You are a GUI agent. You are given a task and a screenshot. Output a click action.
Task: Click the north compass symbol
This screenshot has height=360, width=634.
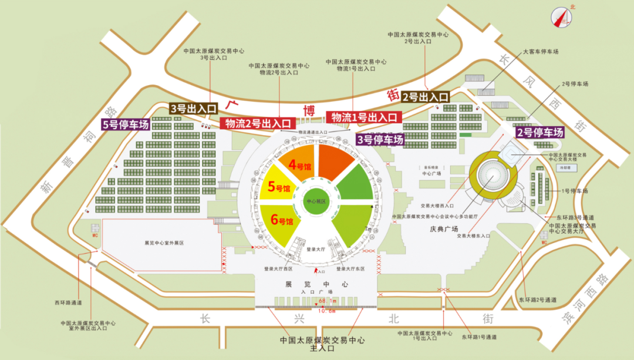[561, 17]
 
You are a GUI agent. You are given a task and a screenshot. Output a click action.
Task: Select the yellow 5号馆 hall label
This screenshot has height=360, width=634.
[279, 187]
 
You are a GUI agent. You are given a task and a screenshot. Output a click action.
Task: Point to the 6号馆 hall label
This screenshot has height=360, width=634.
[282, 221]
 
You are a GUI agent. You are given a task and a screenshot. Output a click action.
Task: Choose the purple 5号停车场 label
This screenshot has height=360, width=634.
[125, 125]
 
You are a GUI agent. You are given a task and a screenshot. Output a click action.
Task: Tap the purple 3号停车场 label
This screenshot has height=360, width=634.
[380, 140]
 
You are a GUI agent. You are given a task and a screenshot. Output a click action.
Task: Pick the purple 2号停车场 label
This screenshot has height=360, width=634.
[539, 132]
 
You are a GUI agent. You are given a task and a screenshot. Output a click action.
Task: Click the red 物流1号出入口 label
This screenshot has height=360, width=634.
[364, 116]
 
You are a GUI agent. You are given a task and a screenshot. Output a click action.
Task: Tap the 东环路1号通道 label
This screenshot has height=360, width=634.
[478, 337]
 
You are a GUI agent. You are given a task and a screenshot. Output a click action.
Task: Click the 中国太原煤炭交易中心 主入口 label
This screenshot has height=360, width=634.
[322, 344]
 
